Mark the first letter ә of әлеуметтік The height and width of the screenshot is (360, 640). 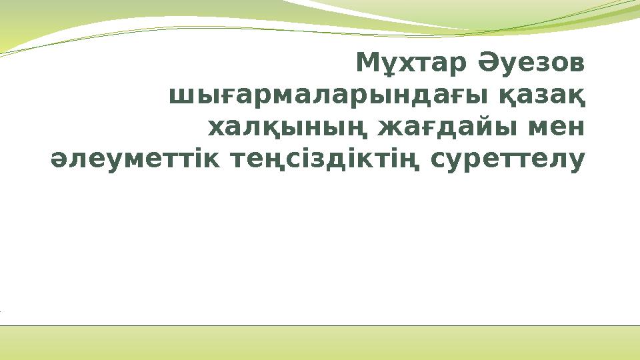click(x=59, y=161)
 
